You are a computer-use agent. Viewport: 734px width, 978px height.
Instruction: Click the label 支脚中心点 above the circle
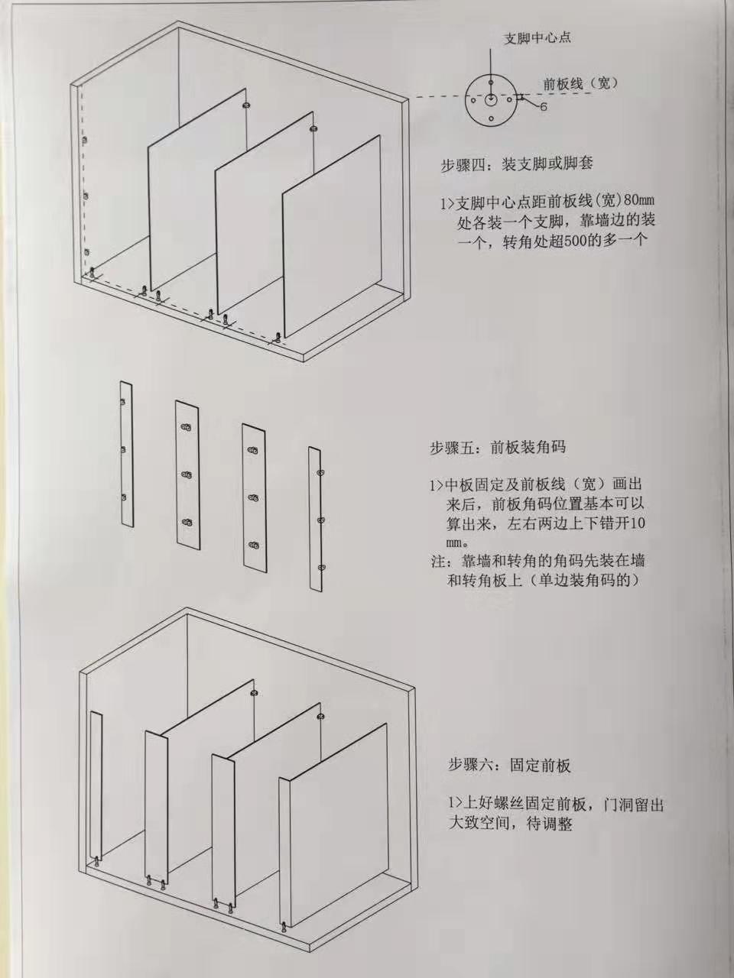537,38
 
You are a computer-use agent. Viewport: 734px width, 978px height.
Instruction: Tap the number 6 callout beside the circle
544,107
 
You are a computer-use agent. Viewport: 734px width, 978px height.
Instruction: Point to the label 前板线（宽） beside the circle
581,83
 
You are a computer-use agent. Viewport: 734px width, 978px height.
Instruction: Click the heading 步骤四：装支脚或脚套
517,164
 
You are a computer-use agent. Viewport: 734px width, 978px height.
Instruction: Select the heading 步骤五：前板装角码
498,447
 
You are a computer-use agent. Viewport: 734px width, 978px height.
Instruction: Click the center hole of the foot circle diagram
491,100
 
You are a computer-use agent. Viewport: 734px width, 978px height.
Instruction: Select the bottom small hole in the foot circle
491,118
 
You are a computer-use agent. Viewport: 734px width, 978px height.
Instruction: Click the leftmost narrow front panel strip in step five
127,454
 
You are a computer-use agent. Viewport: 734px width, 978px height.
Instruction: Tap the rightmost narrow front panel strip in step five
316,520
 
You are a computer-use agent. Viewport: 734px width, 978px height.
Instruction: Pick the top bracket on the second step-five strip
187,427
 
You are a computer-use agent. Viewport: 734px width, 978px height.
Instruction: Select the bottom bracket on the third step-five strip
254,545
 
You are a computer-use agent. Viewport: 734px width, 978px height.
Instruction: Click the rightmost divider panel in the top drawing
332,236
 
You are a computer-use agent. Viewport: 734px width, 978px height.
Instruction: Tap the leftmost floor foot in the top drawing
93,273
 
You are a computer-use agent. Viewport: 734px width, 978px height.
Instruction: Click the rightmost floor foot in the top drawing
278,338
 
